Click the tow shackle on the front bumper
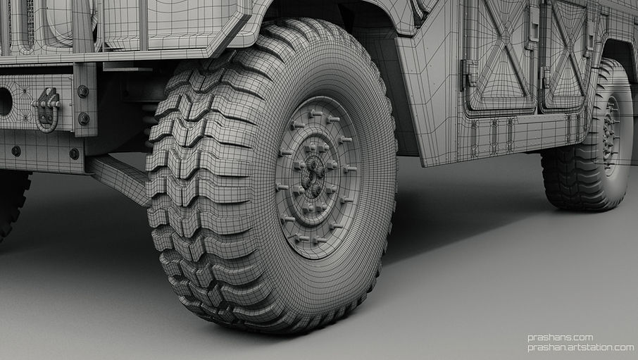coord(47,109)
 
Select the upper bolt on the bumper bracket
coord(83,92)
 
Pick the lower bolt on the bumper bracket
coord(83,118)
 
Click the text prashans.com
coord(560,337)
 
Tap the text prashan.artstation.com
coord(581,347)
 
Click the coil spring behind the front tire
coord(149,123)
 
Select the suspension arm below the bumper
coord(116,175)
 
